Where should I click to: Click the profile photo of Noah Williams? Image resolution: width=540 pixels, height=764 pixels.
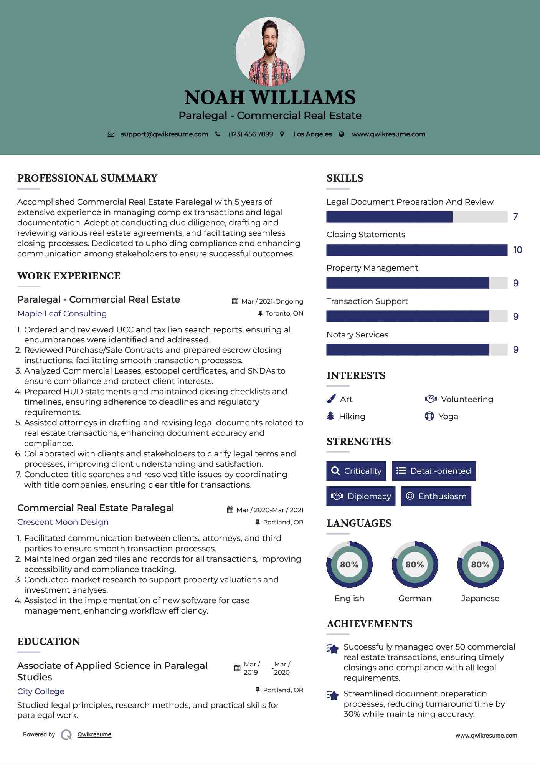coord(270,51)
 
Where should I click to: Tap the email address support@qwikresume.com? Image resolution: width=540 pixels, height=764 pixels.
coord(164,134)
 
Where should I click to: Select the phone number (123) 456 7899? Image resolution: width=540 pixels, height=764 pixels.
coord(251,134)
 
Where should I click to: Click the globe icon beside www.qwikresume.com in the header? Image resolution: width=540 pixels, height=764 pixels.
coord(342,134)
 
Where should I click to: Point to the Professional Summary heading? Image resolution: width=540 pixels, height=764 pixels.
coord(88,178)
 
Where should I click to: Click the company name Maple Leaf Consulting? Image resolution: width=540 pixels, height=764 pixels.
coord(62,314)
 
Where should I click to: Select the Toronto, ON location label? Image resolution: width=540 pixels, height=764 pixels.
coord(284,313)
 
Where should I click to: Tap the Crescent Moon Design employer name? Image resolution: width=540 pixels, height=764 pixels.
coord(63,522)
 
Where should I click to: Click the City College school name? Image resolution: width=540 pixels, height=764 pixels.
coord(41,691)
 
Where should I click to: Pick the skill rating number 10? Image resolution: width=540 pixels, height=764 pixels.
coord(517,250)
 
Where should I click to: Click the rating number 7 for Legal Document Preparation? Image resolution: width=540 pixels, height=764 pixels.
coord(515,217)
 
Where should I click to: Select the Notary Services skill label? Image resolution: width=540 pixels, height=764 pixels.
coord(357,335)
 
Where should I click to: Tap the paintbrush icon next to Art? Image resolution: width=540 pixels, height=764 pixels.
coord(331,399)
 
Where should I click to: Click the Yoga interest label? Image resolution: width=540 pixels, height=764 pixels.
coord(448,417)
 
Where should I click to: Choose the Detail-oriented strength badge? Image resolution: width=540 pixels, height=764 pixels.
coord(434,471)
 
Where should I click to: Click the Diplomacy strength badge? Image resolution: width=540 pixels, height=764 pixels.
coord(361,496)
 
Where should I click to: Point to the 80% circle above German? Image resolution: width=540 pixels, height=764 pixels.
coord(414,564)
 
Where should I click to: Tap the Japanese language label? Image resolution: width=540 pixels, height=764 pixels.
coord(480,599)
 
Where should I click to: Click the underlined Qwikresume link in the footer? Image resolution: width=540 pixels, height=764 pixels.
coord(94,734)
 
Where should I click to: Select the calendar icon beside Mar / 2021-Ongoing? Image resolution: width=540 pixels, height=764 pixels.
coord(235,301)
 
